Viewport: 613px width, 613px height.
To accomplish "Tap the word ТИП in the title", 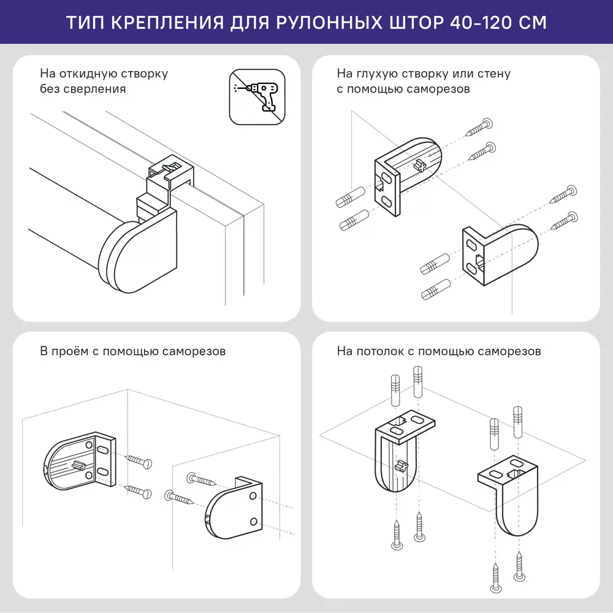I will coord(85,22).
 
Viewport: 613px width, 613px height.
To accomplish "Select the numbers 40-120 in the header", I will coord(483,22).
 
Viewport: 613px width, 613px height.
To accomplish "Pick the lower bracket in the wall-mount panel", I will coord(499,254).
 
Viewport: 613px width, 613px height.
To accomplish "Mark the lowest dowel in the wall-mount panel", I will coord(436,289).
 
